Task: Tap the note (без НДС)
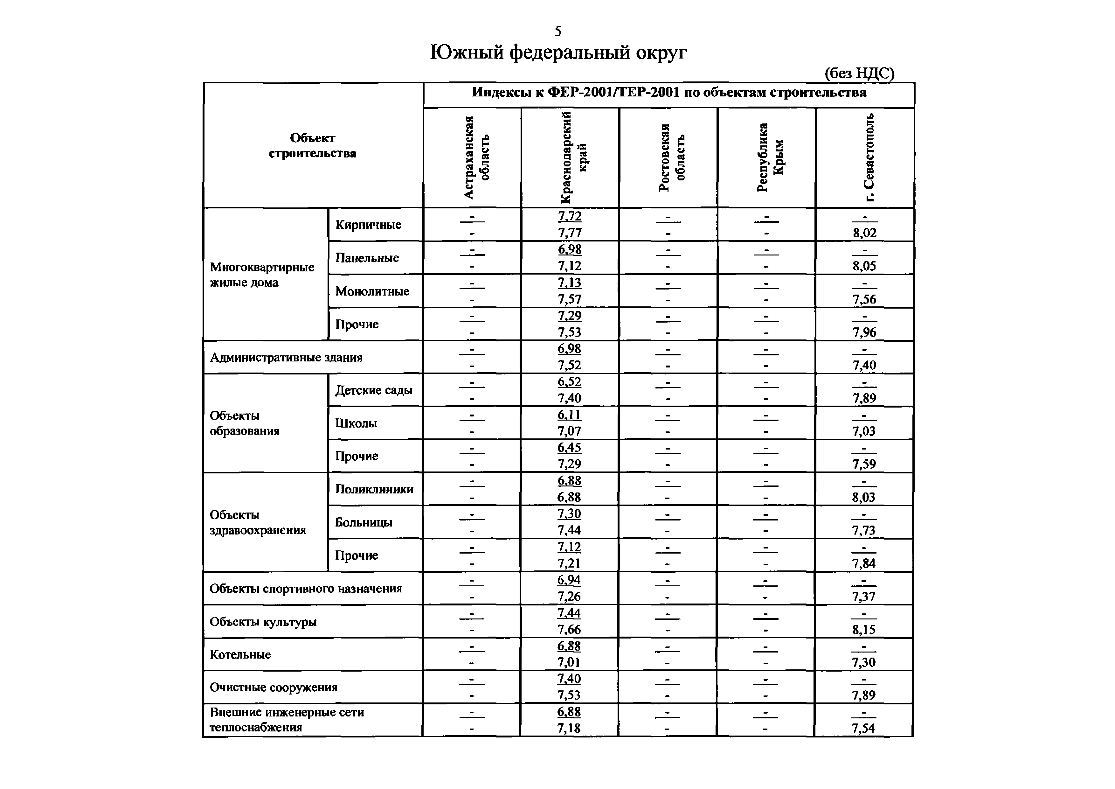tap(859, 73)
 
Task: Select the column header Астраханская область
tap(475, 157)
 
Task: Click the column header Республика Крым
tap(770, 157)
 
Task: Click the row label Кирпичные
tap(368, 225)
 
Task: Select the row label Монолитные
tap(372, 291)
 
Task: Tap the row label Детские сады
tap(373, 390)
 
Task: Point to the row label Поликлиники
tap(374, 489)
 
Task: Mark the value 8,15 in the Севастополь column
tap(863, 630)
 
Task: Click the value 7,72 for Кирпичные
tap(570, 216)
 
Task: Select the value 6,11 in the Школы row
tap(569, 415)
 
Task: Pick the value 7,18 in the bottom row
tap(569, 728)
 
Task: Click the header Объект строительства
tap(312, 145)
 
